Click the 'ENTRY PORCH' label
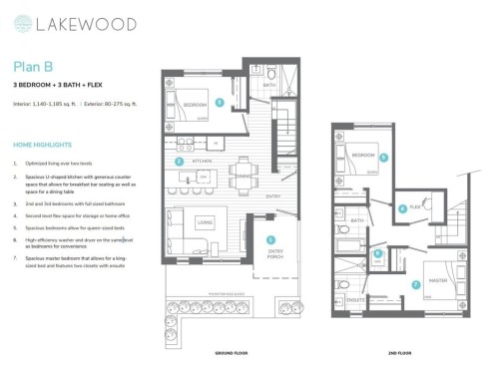coord(273,254)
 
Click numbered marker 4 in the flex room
coord(402,208)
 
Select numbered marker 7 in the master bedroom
coord(415,284)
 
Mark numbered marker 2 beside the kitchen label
coord(178,161)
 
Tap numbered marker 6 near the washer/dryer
coord(378,253)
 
